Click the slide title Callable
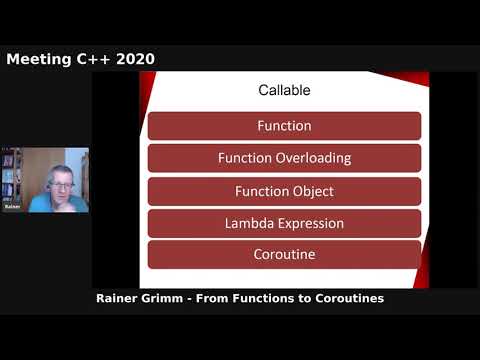click(x=284, y=90)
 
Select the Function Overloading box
click(x=284, y=158)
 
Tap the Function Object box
click(x=284, y=190)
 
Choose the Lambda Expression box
click(x=284, y=223)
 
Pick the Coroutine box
click(x=284, y=254)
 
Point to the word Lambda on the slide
click(x=251, y=223)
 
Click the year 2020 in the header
click(x=134, y=59)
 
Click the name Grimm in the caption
click(x=173, y=298)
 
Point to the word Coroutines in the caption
click(x=345, y=298)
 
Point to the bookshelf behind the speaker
click(x=10, y=174)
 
